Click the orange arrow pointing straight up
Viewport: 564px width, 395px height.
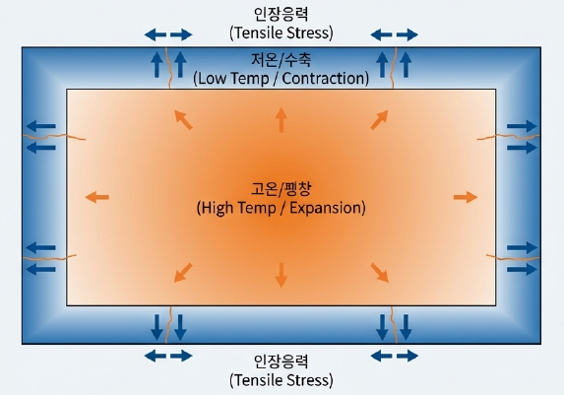coord(282,119)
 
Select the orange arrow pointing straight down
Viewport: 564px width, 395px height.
coord(282,275)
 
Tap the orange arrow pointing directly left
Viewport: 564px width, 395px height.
coord(97,197)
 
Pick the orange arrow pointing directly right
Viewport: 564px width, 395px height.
coord(466,197)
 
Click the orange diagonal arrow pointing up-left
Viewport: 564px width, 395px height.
coord(183,119)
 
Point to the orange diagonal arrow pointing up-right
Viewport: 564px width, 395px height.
coord(380,119)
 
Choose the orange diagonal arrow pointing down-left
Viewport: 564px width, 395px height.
coord(183,273)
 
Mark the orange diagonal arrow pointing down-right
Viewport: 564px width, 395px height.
coord(380,273)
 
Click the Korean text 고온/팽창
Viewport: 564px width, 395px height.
coord(282,189)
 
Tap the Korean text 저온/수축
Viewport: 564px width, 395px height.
coord(282,60)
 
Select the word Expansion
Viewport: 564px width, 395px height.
coord(328,208)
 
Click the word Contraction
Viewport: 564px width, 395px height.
coord(326,79)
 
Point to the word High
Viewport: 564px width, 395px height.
coord(217,208)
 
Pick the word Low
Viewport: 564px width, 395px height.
coord(213,79)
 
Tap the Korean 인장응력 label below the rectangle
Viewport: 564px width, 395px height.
coord(282,362)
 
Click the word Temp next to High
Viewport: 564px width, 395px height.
coord(257,209)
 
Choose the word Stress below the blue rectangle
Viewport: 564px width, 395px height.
coord(308,380)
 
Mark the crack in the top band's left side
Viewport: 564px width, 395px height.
coord(168,68)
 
